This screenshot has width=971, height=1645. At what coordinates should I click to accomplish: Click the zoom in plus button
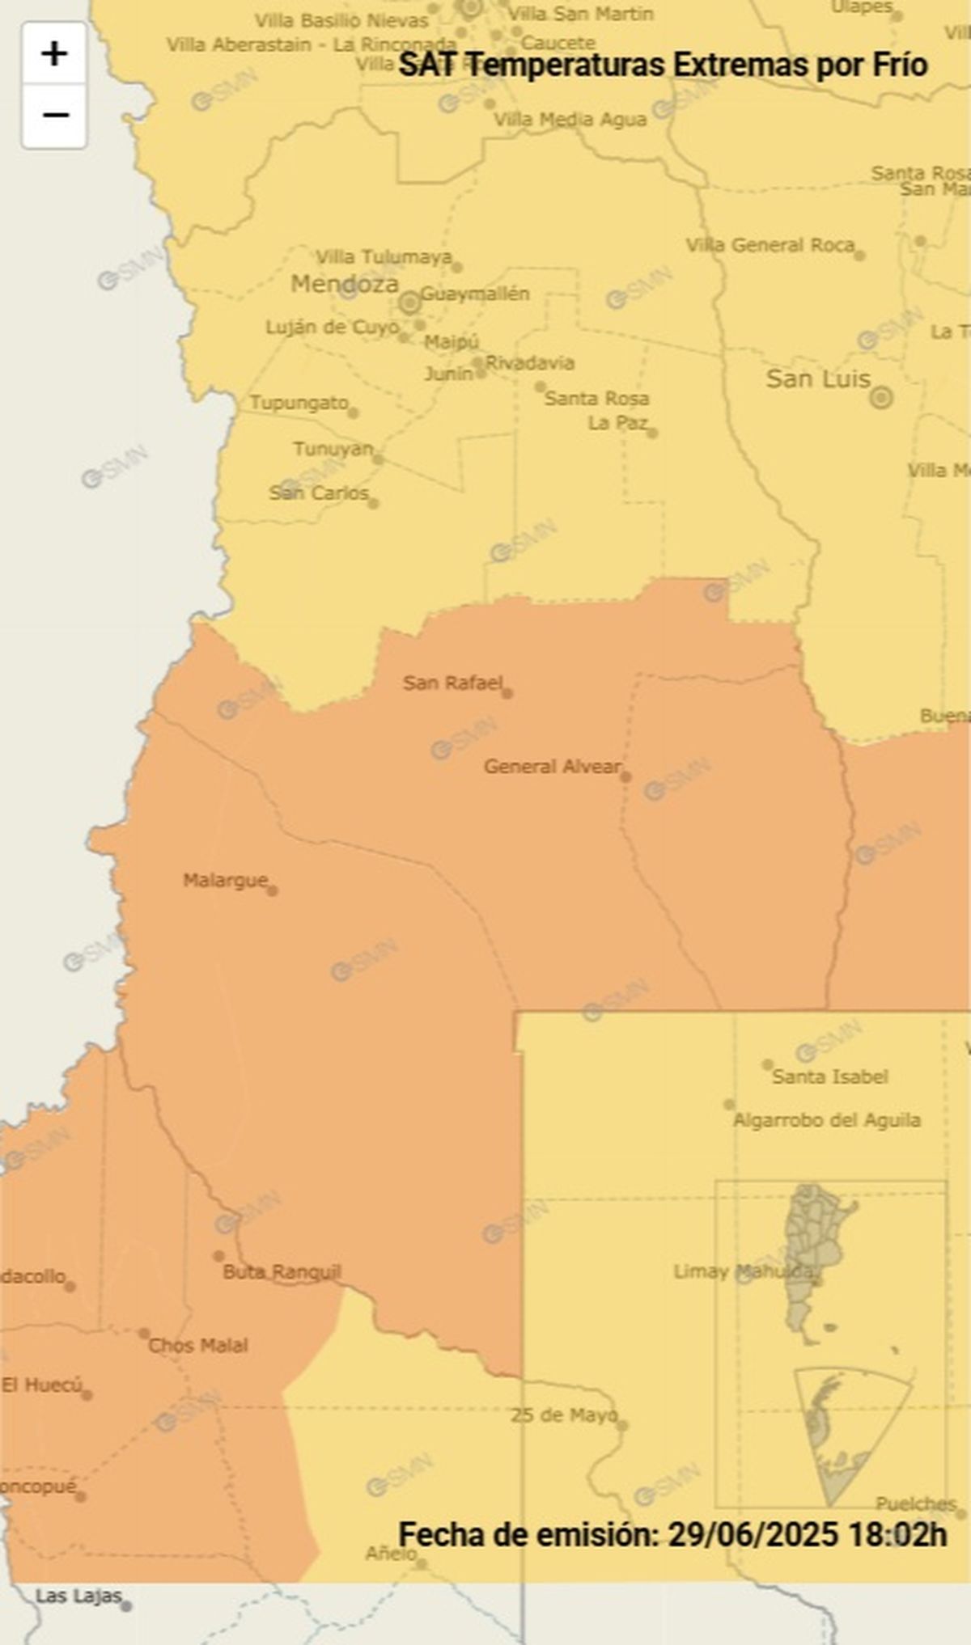[x=54, y=54]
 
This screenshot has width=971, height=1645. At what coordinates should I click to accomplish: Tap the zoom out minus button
[x=54, y=116]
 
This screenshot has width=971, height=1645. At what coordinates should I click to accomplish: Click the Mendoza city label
[x=345, y=284]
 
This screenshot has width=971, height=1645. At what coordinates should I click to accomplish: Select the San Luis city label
[x=818, y=378]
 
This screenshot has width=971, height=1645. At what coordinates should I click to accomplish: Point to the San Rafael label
[x=452, y=683]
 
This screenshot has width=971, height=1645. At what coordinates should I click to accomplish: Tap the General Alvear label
[x=553, y=766]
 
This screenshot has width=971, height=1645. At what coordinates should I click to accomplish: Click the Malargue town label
[x=225, y=880]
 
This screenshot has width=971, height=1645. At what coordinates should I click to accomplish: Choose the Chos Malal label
[x=198, y=1345]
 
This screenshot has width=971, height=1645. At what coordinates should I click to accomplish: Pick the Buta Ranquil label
[x=282, y=1272]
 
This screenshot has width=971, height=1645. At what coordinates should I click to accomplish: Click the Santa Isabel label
[x=830, y=1076]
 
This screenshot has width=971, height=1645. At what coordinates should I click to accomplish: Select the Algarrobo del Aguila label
[x=826, y=1120]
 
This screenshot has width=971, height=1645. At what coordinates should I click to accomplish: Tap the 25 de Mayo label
[x=563, y=1415]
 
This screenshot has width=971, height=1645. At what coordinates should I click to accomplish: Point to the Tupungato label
[x=299, y=402]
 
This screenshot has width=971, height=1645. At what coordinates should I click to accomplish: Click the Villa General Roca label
[x=770, y=245]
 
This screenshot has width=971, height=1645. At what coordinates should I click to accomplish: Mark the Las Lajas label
[x=78, y=1596]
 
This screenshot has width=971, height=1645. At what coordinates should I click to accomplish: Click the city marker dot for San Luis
[x=881, y=397]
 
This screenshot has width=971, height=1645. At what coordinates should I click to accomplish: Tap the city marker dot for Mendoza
[x=409, y=303]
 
